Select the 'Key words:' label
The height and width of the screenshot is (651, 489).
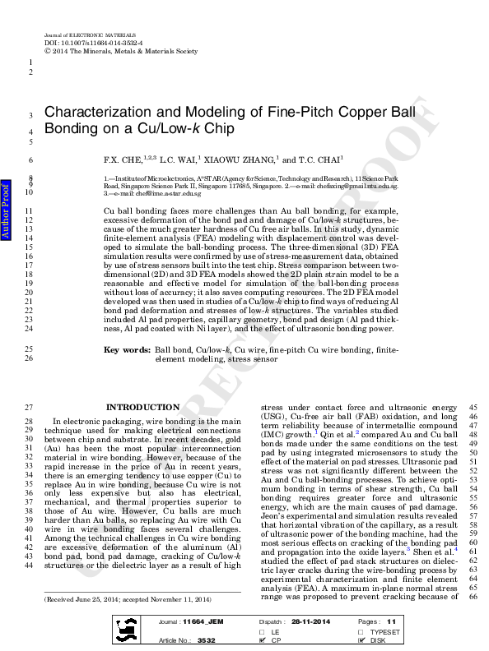[x=127, y=374]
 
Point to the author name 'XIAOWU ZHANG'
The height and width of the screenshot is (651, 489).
[x=247, y=160]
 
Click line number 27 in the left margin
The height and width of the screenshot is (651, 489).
[x=30, y=407]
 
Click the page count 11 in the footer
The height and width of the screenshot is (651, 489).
[x=391, y=622]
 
